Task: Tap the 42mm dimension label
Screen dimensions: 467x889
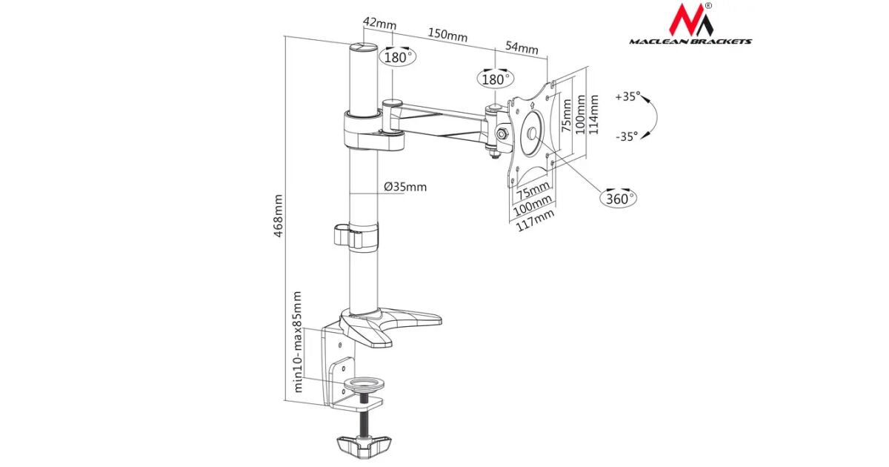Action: pos(379,24)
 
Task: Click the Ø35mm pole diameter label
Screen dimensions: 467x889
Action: pos(405,187)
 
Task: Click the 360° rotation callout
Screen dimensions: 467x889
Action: pos(618,198)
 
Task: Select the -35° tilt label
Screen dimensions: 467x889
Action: pos(627,136)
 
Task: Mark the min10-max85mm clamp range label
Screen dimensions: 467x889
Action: pos(299,342)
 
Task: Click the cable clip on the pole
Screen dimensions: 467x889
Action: pos(355,236)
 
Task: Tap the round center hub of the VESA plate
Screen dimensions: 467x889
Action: pos(531,134)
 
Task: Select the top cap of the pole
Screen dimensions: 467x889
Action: pos(364,48)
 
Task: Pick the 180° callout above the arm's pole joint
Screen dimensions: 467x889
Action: pos(398,56)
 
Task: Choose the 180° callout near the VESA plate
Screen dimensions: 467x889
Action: pos(495,79)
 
